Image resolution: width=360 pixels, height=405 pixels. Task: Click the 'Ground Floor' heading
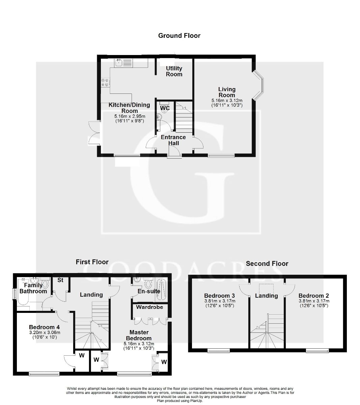point(179,35)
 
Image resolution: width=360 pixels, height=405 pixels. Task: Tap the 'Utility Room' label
point(174,71)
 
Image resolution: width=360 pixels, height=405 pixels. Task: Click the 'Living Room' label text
point(227,92)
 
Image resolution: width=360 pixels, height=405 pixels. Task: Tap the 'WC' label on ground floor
point(165,108)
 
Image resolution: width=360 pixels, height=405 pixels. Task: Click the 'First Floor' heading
point(92,262)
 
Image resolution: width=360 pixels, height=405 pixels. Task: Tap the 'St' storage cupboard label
point(60,280)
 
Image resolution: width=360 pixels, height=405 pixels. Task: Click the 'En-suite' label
point(149,291)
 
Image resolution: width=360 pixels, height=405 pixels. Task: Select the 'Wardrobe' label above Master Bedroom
point(149,307)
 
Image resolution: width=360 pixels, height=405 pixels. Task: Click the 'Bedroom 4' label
point(42,327)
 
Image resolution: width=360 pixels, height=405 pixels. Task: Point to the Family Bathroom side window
point(14,293)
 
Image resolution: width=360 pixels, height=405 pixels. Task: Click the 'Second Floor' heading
point(267,264)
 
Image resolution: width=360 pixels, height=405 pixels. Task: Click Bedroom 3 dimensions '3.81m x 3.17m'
point(220,301)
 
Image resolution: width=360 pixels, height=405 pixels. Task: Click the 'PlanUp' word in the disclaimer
point(196,401)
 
